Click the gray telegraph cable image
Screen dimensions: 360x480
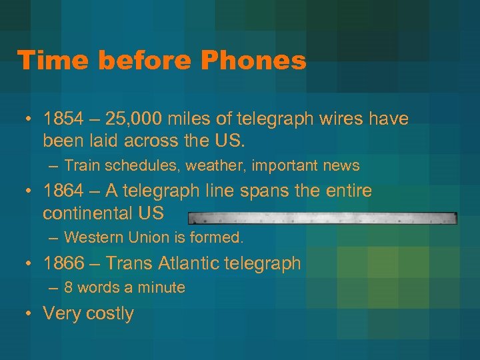[x=322, y=218]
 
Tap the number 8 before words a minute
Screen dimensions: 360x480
[x=69, y=287]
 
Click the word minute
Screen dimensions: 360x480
[x=161, y=287]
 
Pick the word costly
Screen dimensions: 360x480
[x=109, y=314]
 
